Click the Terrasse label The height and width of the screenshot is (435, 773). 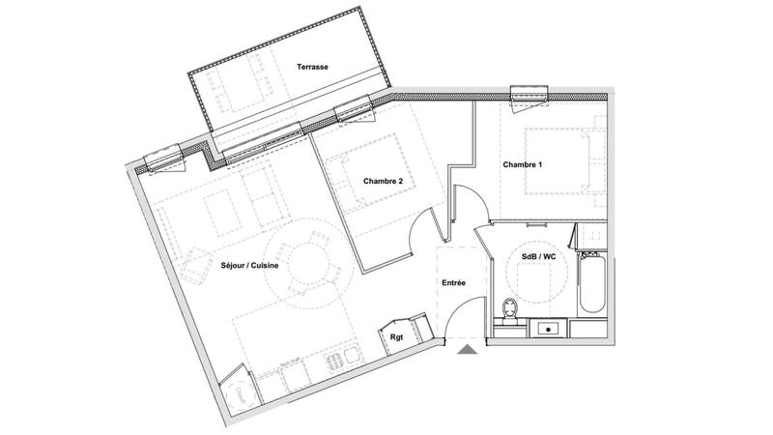click(312, 67)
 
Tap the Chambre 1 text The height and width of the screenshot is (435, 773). click(523, 164)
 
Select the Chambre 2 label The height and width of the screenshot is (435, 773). click(384, 181)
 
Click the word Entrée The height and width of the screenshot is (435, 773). click(454, 284)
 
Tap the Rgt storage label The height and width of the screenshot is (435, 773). click(396, 336)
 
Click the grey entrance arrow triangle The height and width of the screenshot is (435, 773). click(467, 350)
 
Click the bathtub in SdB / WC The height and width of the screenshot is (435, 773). click(591, 282)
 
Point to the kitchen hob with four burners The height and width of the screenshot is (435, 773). click(333, 362)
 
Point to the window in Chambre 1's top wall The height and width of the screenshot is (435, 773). click(530, 95)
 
